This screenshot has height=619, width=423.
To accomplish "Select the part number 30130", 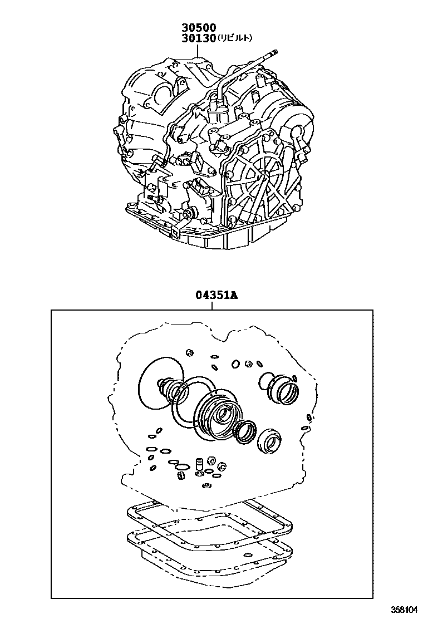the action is pos(198,38).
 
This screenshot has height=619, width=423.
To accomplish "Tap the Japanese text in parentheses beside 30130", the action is pos(234,38).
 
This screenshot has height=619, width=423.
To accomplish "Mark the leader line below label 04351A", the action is pos(217,306).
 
